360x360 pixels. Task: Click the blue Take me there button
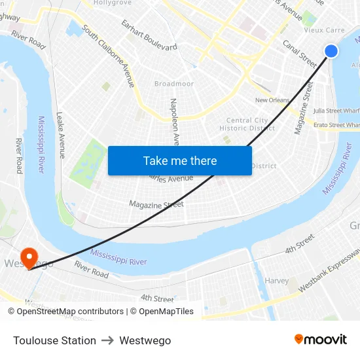pyautogui.click(x=179, y=160)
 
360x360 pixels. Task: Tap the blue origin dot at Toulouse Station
pyautogui.click(x=331, y=50)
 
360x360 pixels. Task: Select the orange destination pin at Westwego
pyautogui.click(x=29, y=257)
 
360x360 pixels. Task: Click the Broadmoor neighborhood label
pyautogui.click(x=174, y=84)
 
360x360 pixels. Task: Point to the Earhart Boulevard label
pyautogui.click(x=149, y=35)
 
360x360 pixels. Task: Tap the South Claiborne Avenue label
pyautogui.click(x=109, y=60)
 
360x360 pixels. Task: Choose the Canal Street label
pyautogui.click(x=300, y=54)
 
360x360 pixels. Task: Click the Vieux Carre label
pyautogui.click(x=325, y=30)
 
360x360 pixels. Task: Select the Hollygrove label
pyautogui.click(x=113, y=3)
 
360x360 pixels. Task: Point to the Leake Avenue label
pyautogui.click(x=62, y=135)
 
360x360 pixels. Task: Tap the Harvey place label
pyautogui.click(x=277, y=281)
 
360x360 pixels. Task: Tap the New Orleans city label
pyautogui.click(x=272, y=100)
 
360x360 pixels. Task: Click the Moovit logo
pyautogui.click(x=320, y=340)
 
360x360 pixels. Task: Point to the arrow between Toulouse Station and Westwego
pyautogui.click(x=108, y=340)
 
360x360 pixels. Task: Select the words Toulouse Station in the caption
pyautogui.click(x=54, y=340)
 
